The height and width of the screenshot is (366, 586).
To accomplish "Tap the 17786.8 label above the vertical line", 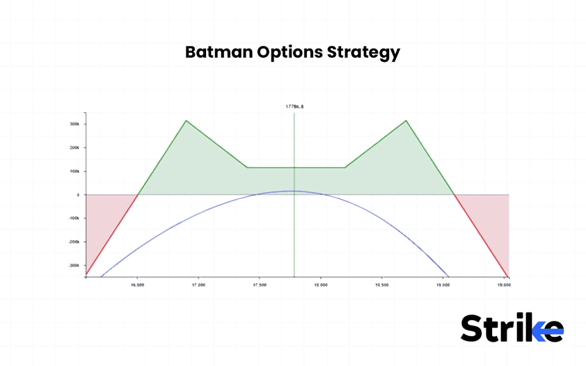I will tap(294, 107).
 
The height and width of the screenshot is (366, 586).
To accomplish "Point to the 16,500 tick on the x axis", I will tap(137, 284).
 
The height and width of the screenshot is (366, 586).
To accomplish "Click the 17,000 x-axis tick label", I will tap(199, 284).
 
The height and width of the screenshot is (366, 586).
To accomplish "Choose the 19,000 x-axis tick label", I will tap(442, 284).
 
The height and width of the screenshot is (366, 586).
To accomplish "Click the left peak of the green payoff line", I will tap(186, 121).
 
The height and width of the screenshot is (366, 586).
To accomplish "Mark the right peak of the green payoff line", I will tap(406, 121).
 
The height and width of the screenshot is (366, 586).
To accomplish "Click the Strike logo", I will tap(512, 328).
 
